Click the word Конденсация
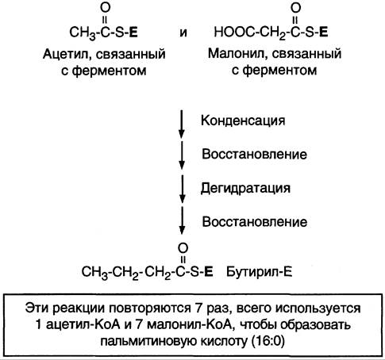(243, 121)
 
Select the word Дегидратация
(245, 189)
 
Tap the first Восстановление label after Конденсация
(254, 155)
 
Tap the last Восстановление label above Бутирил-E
(255, 222)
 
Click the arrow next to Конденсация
(182, 124)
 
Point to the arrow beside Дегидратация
(182, 189)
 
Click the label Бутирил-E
(259, 272)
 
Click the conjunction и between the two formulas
(183, 33)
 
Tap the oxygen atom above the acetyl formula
(105, 8)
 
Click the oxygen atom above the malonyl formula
(295, 8)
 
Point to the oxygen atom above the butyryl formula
(183, 248)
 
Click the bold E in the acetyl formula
(134, 33)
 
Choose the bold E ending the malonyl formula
(324, 33)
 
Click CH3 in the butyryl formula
(94, 272)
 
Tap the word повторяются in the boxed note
(149, 308)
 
